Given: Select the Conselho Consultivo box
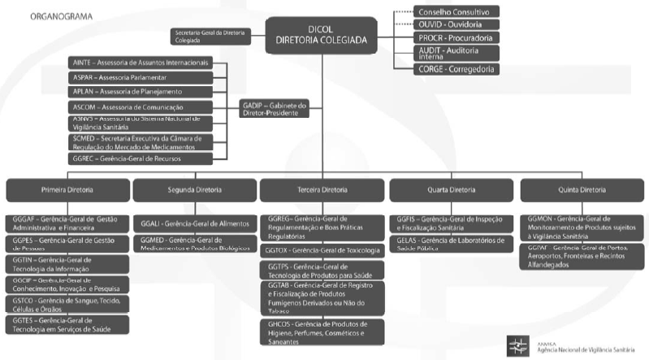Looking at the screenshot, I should click(456, 12).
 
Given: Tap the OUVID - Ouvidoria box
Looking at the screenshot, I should click(456, 24).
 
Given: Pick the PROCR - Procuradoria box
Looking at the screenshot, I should click(456, 38).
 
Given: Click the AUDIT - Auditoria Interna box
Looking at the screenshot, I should click(456, 54).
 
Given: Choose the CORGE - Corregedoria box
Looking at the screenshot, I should click(456, 70).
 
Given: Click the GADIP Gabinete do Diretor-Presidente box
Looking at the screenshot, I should click(274, 108).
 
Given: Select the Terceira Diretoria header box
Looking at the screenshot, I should click(324, 189).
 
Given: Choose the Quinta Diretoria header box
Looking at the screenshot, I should click(582, 189).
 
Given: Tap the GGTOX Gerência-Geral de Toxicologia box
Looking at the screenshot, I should click(324, 249).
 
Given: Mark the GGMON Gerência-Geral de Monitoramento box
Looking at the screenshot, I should click(582, 227).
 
